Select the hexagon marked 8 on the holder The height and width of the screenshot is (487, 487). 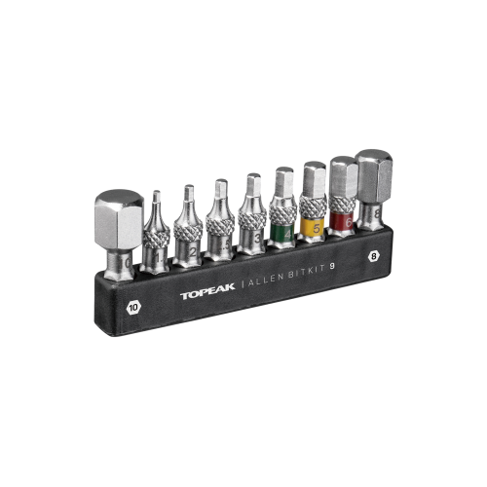[372, 256]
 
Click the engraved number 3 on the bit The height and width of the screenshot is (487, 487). [255, 236]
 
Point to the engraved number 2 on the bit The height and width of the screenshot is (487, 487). [193, 251]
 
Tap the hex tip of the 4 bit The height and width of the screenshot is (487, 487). [283, 182]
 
